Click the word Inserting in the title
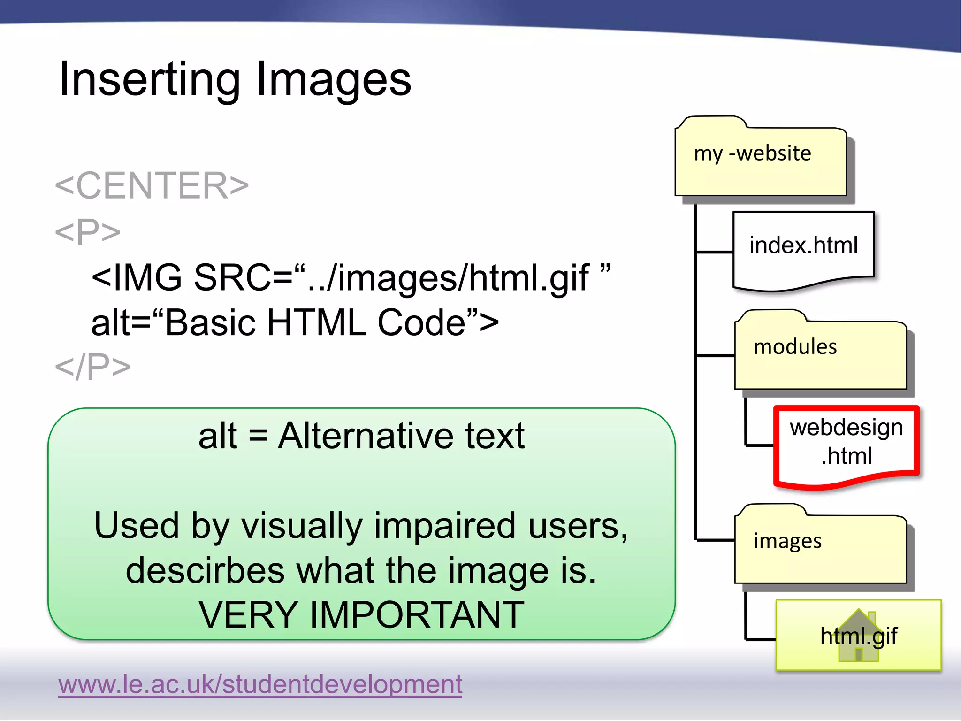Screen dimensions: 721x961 click(x=149, y=80)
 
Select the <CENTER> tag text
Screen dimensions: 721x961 click(x=152, y=185)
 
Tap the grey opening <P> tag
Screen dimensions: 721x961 click(x=88, y=231)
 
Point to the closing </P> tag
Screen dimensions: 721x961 click(x=93, y=367)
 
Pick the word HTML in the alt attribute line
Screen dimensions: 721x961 click(x=316, y=323)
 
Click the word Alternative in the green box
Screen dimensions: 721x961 click(x=366, y=436)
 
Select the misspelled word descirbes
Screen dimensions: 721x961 click(x=205, y=570)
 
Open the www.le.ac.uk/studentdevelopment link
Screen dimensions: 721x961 click(x=260, y=684)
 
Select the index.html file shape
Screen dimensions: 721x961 click(x=803, y=249)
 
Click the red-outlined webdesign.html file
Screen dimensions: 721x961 click(x=846, y=444)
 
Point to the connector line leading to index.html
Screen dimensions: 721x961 click(x=714, y=252)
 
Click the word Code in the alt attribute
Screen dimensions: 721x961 click(x=421, y=323)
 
